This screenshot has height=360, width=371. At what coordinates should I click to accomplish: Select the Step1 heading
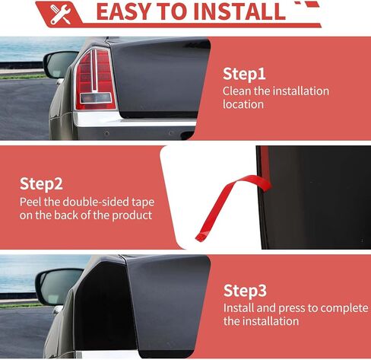(244, 74)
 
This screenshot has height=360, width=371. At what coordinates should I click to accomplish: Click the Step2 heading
(41, 184)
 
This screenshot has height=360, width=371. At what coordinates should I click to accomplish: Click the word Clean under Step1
(237, 91)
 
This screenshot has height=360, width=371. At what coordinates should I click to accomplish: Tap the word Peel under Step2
(32, 202)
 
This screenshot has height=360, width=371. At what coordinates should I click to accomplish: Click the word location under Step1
(243, 104)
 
